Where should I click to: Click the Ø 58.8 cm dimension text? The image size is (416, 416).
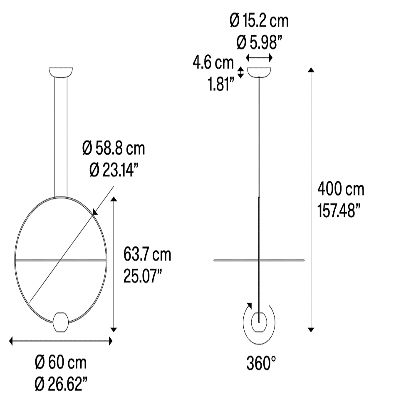point(114,148)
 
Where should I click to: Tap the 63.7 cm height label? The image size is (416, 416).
point(147,255)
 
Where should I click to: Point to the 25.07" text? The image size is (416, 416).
point(143,276)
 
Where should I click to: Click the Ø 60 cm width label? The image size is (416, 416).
point(61,362)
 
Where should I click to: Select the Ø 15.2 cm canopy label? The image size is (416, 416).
point(259,20)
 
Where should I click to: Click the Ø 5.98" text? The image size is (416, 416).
point(259,42)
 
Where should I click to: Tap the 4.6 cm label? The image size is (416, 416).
point(213,63)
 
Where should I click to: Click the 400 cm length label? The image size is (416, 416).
point(341,189)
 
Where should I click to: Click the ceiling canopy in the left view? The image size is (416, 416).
point(61,72)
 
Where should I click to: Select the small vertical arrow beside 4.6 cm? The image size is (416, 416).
point(240,72)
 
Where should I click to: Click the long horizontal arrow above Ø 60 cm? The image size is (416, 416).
point(61,341)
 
